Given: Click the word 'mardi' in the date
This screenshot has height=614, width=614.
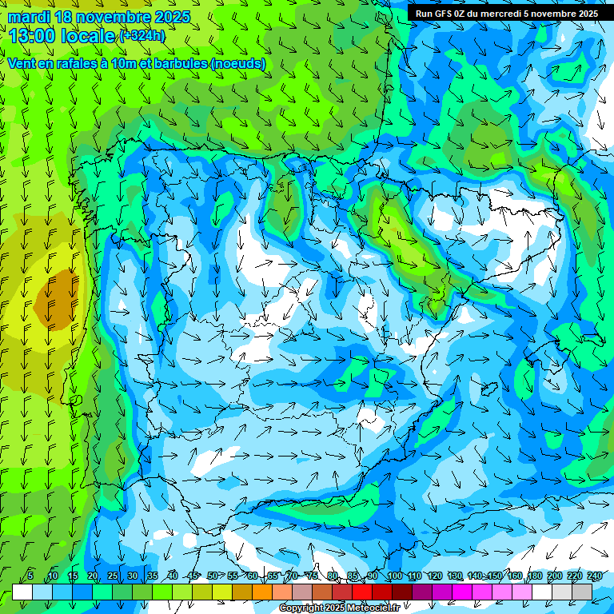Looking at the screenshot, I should pos(27,17).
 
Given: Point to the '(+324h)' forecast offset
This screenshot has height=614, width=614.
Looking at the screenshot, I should pos(142,35).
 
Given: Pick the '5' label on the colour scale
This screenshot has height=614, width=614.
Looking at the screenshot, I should pos(30,576).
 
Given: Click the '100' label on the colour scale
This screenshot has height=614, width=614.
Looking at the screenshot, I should pos(394,576).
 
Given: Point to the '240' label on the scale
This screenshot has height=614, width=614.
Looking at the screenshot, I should pos(594,576).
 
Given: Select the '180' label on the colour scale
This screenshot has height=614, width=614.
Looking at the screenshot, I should pos(534,576).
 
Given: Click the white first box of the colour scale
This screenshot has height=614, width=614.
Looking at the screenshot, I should pos(22,592).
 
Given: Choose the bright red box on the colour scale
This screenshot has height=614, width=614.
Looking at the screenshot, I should pos(362,592).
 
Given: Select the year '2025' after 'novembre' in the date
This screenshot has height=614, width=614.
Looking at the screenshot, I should pos(171,17).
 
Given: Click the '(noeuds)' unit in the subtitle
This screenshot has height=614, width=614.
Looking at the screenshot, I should pos(238,63).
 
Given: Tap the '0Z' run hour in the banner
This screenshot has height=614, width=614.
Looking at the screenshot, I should pos(464,13).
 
